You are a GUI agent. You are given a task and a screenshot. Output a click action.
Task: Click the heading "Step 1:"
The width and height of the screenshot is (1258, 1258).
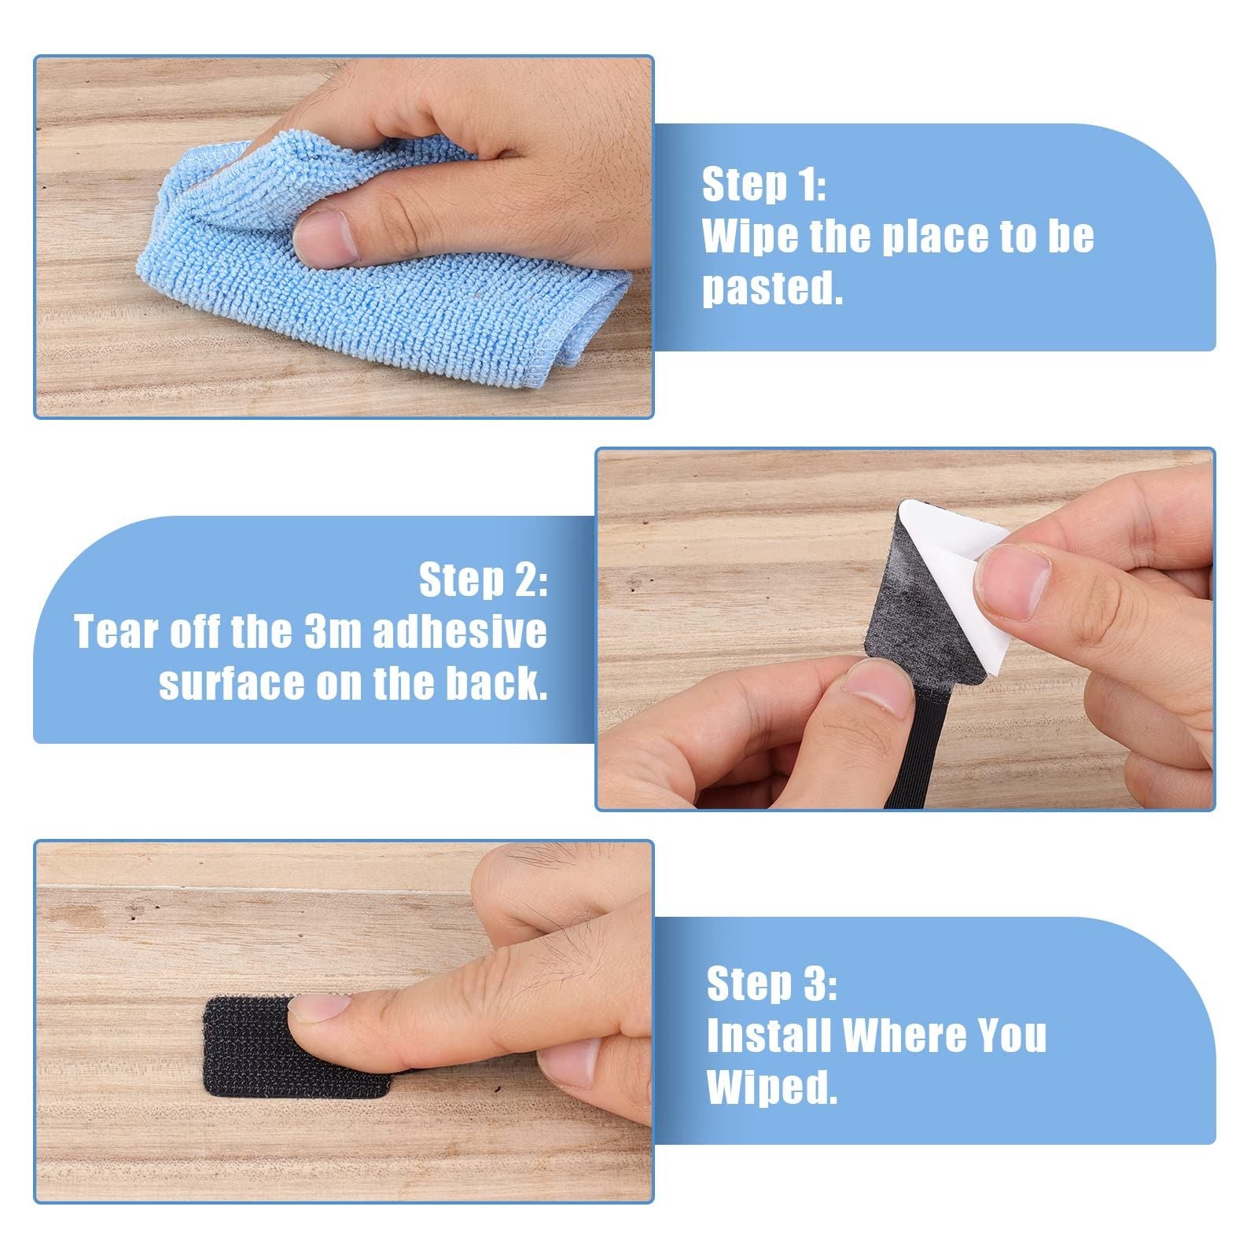(x=763, y=185)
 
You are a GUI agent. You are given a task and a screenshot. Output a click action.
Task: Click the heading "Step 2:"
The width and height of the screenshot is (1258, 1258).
(x=483, y=580)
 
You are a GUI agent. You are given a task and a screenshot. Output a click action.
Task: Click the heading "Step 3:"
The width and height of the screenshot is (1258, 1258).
(x=771, y=984)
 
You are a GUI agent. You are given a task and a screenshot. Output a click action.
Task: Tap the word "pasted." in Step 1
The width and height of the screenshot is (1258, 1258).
(x=772, y=289)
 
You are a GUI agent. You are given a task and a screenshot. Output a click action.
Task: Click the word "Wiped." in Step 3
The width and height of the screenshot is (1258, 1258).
(x=772, y=1087)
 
